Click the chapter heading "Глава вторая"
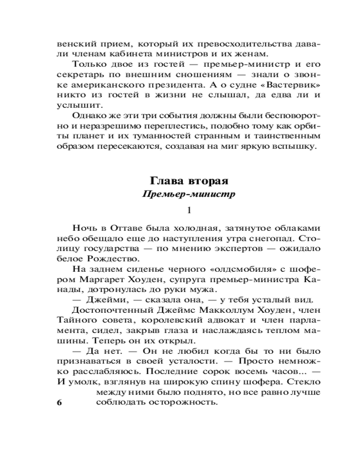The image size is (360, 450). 189,181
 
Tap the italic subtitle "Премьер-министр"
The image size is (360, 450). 189,194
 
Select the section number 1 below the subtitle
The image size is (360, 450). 189,210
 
